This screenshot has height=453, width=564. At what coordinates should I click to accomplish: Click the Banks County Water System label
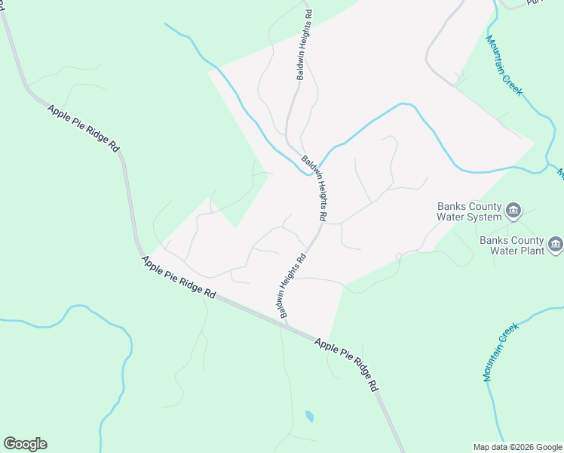[470, 211]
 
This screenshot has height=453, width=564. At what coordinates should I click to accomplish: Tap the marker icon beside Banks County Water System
[513, 210]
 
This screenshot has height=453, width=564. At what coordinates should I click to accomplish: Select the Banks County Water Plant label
[511, 246]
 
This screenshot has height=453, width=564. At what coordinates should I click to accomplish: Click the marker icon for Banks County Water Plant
[556, 244]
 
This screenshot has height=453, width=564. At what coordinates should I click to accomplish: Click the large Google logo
[25, 444]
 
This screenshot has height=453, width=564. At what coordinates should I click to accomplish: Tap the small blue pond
[309, 416]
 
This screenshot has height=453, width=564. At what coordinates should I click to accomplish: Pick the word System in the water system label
[484, 217]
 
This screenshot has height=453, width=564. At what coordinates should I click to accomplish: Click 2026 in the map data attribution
[523, 447]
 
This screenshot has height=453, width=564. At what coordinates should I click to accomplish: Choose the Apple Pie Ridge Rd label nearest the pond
[346, 363]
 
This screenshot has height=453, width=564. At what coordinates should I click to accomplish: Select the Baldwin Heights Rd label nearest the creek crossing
[314, 188]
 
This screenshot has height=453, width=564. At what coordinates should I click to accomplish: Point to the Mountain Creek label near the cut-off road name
[504, 65]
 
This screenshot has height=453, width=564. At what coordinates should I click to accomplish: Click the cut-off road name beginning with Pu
[535, 3]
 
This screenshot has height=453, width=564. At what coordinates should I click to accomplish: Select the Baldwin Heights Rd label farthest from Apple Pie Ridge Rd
[303, 45]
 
